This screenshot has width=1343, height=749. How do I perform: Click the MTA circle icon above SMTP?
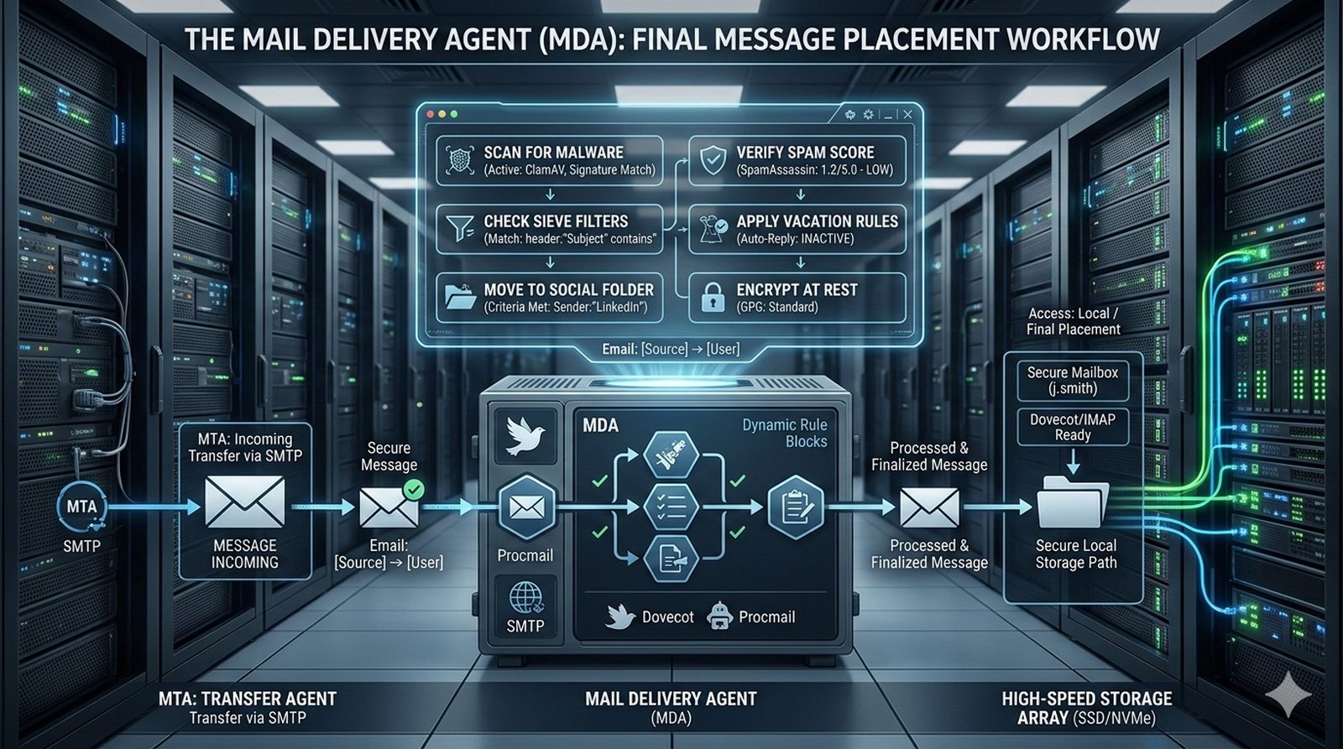(81, 507)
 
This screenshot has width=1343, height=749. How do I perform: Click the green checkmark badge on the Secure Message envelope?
(413, 489)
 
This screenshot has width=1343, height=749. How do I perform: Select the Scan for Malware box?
(549, 160)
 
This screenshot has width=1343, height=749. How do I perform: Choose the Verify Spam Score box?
(797, 160)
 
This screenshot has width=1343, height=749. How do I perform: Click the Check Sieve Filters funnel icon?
(460, 229)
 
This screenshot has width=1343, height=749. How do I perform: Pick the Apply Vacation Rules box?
(797, 229)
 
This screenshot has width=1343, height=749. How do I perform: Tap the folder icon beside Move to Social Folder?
(460, 297)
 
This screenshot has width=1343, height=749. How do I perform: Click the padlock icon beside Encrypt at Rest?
(713, 298)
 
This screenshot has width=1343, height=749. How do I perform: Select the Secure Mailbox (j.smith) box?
(1073, 380)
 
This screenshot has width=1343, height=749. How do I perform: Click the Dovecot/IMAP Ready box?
(1073, 427)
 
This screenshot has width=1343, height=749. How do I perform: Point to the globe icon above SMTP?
(525, 598)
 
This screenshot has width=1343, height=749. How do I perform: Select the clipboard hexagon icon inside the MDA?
(794, 506)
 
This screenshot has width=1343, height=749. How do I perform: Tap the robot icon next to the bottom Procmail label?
(720, 616)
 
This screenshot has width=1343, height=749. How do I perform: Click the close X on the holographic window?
(907, 114)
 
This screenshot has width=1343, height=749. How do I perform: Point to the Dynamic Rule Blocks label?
(784, 433)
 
